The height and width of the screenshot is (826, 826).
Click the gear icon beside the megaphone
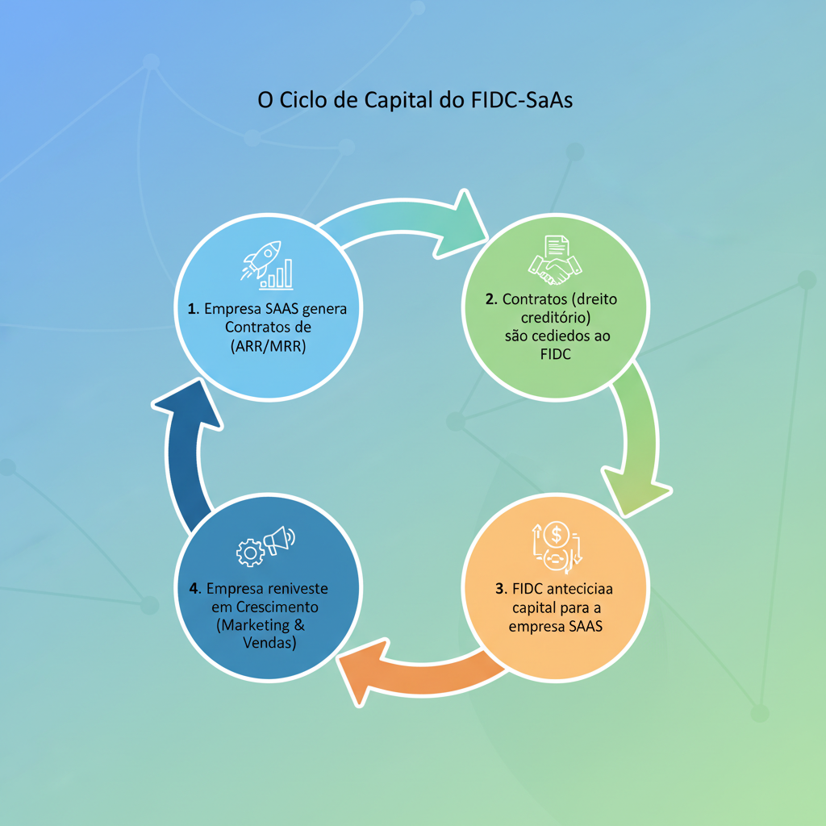pyautogui.click(x=250, y=553)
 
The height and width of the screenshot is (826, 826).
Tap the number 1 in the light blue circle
pyautogui.click(x=192, y=309)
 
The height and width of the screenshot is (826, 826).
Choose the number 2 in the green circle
pyautogui.click(x=490, y=299)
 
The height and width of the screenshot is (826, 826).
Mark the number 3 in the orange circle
pyautogui.click(x=499, y=587)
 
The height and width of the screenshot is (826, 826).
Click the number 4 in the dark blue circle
pyautogui.click(x=194, y=588)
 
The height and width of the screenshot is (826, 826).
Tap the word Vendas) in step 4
pyautogui.click(x=269, y=643)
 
